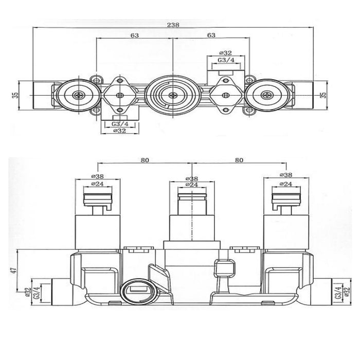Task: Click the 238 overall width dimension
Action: pos(173,25)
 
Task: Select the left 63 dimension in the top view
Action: pos(135,35)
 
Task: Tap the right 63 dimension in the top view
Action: pos(211,35)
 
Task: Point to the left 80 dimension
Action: pos(145,160)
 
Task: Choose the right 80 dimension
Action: pos(239,160)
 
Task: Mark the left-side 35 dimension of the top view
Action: pos(14,95)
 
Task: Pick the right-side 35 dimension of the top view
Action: pos(323,95)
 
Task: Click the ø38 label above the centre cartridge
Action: pos(192,178)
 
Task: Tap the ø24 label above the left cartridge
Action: pos(97,184)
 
